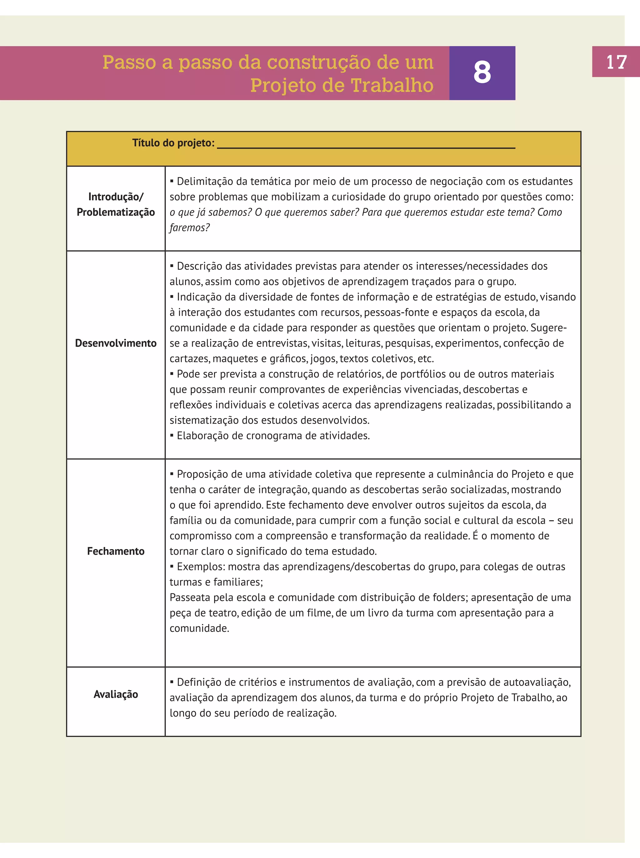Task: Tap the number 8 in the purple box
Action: (x=482, y=72)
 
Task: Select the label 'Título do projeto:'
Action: (x=173, y=143)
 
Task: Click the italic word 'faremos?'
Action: (x=189, y=228)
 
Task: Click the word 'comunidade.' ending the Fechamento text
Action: (x=199, y=628)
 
